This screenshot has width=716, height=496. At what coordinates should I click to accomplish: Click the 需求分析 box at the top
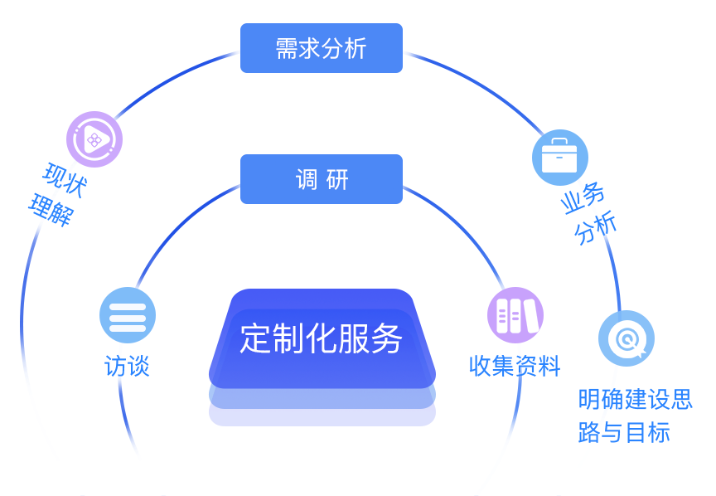click(321, 48)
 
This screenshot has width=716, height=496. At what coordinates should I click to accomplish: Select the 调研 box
click(321, 179)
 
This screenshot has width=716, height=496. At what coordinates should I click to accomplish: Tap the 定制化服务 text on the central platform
click(321, 338)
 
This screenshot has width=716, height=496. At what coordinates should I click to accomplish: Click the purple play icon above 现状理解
click(94, 139)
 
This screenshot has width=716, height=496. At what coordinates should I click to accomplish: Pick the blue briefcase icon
click(559, 157)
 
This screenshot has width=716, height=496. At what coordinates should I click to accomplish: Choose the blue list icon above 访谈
click(128, 315)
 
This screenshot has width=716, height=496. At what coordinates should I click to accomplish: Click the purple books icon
click(515, 315)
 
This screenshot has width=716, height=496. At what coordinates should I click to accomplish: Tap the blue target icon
click(626, 338)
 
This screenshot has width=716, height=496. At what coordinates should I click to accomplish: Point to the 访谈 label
click(128, 366)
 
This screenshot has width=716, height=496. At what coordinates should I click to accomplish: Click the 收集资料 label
click(515, 366)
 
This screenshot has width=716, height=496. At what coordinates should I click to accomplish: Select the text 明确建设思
click(635, 399)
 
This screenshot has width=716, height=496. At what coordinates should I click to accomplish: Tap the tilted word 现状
click(65, 180)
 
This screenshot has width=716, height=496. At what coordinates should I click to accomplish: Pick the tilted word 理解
click(51, 211)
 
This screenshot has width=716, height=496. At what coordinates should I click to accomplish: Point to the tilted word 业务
click(583, 198)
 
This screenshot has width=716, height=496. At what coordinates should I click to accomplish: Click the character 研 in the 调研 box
click(337, 179)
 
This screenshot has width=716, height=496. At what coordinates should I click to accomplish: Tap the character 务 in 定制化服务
click(387, 338)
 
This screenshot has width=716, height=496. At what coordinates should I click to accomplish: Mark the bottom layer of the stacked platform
click(322, 417)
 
